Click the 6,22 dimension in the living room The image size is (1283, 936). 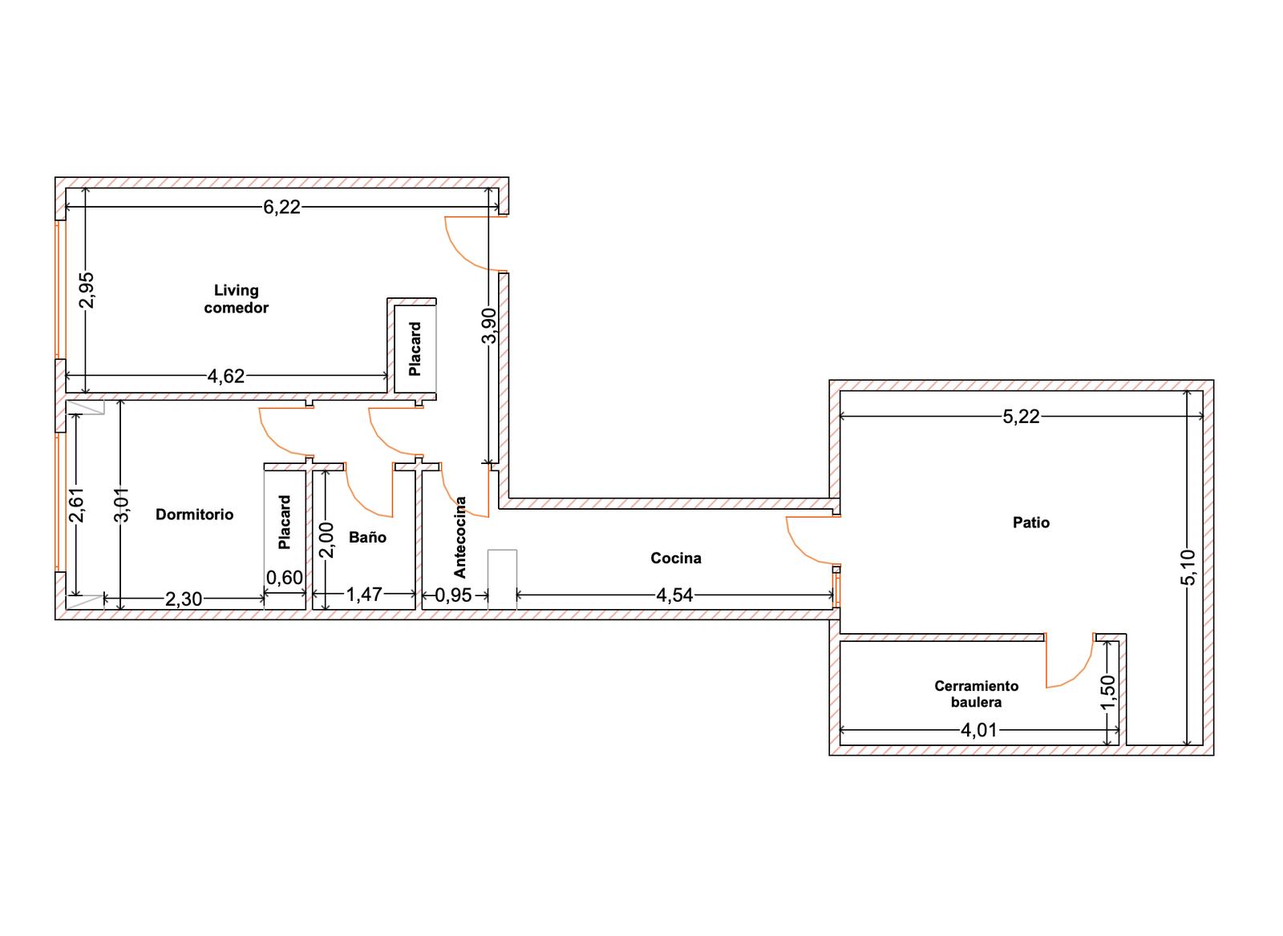tap(281, 208)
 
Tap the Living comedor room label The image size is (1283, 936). tap(236, 299)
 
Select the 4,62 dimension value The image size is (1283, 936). tap(225, 376)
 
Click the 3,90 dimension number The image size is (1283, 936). tap(488, 325)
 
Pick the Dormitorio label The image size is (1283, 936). tap(195, 514)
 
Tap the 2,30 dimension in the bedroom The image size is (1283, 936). tap(184, 599)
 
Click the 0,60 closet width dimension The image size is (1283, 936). tap(284, 578)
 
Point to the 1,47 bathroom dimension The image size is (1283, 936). tap(364, 595)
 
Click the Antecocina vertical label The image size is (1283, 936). tap(460, 538)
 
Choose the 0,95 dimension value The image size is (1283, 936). tap(454, 595)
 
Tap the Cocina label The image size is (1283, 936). tap(676, 559)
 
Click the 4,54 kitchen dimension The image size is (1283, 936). tap(674, 595)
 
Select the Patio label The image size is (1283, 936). tap(1031, 522)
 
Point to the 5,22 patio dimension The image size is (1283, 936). tap(1022, 417)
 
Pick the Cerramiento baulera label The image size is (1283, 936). tap(977, 694)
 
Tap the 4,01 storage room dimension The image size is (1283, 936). tap(979, 731)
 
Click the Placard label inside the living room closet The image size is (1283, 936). tap(415, 349)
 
